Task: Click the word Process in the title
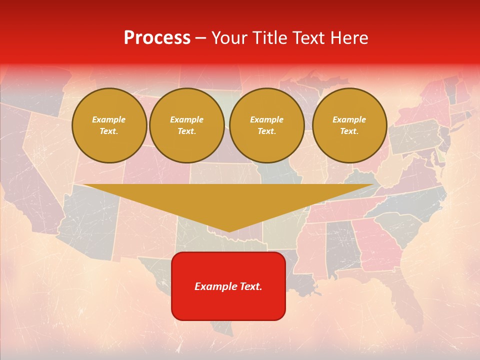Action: click(x=157, y=38)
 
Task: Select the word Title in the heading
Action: click(x=272, y=38)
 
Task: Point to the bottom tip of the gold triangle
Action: click(x=229, y=231)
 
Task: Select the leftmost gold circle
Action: click(x=109, y=125)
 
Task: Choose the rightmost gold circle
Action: click(x=349, y=125)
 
